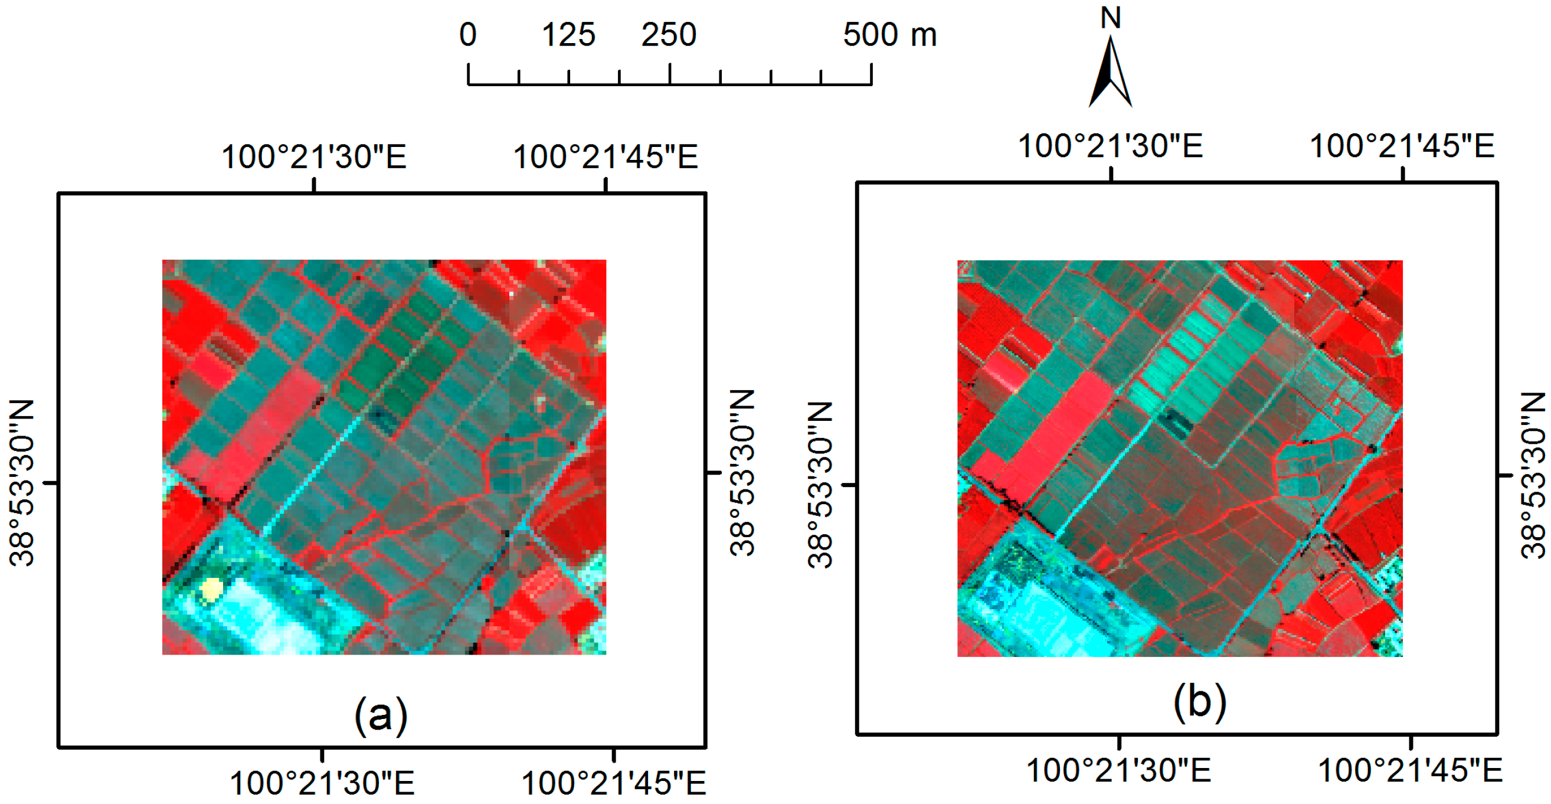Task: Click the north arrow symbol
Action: tap(1110, 72)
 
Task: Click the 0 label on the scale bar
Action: tap(468, 34)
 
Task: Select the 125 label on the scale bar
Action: tap(568, 34)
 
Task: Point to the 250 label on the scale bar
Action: tap(668, 34)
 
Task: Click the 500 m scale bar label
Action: tap(889, 34)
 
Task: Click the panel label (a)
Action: tap(381, 715)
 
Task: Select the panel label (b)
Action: tap(1199, 702)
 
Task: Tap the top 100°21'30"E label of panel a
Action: tap(314, 156)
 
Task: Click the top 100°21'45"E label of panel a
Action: tap(605, 156)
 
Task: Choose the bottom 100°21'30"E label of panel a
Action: tap(322, 783)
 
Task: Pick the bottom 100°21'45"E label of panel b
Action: tap(1410, 770)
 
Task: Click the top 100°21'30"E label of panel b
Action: tap(1110, 146)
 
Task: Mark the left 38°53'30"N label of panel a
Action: tap(22, 482)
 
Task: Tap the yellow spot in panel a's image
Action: tap(211, 589)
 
